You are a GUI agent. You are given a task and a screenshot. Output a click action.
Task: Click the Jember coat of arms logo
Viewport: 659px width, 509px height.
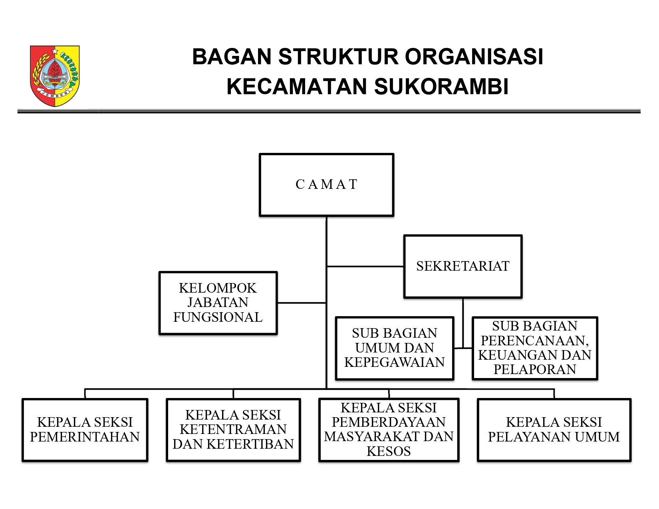point(55,76)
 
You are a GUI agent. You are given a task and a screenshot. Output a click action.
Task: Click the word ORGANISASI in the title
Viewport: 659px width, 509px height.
point(474,57)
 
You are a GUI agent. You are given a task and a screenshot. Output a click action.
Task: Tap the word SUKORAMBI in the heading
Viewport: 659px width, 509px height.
point(441,87)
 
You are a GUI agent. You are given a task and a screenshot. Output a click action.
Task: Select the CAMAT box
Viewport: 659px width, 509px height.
point(326,185)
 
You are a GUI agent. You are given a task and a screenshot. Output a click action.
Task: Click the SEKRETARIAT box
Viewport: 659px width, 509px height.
point(463,266)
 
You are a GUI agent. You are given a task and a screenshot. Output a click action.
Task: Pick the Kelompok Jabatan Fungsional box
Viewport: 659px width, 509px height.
point(218,303)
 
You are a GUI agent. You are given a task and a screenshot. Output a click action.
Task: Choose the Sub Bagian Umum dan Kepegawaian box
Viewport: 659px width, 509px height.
point(395,348)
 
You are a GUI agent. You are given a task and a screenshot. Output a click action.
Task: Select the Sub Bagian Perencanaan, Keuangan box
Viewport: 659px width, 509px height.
point(535,348)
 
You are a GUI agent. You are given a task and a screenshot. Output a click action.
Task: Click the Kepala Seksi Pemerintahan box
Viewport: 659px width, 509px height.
point(85,430)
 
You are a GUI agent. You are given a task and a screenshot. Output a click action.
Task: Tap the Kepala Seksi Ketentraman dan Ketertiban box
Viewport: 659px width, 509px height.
point(233,430)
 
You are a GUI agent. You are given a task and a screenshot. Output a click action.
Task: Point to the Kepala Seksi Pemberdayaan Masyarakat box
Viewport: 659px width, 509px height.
point(389,430)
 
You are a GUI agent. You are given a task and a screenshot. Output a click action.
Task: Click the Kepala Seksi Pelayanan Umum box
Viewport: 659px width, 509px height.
point(554,430)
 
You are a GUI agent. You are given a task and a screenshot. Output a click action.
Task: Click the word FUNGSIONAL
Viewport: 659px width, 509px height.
point(218,317)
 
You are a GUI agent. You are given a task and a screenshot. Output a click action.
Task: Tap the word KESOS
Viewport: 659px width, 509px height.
point(389,452)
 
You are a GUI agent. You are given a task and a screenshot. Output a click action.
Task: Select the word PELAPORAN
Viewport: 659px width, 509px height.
point(535,370)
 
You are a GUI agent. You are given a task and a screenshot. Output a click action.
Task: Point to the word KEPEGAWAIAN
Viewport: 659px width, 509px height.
point(394,362)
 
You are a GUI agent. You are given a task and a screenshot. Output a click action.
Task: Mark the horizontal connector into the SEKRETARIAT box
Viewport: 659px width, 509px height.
point(365,266)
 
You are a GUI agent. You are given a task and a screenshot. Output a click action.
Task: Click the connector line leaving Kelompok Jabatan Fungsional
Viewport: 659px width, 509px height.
point(302,303)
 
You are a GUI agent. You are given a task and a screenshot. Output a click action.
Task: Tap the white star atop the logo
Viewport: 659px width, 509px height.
point(55,51)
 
